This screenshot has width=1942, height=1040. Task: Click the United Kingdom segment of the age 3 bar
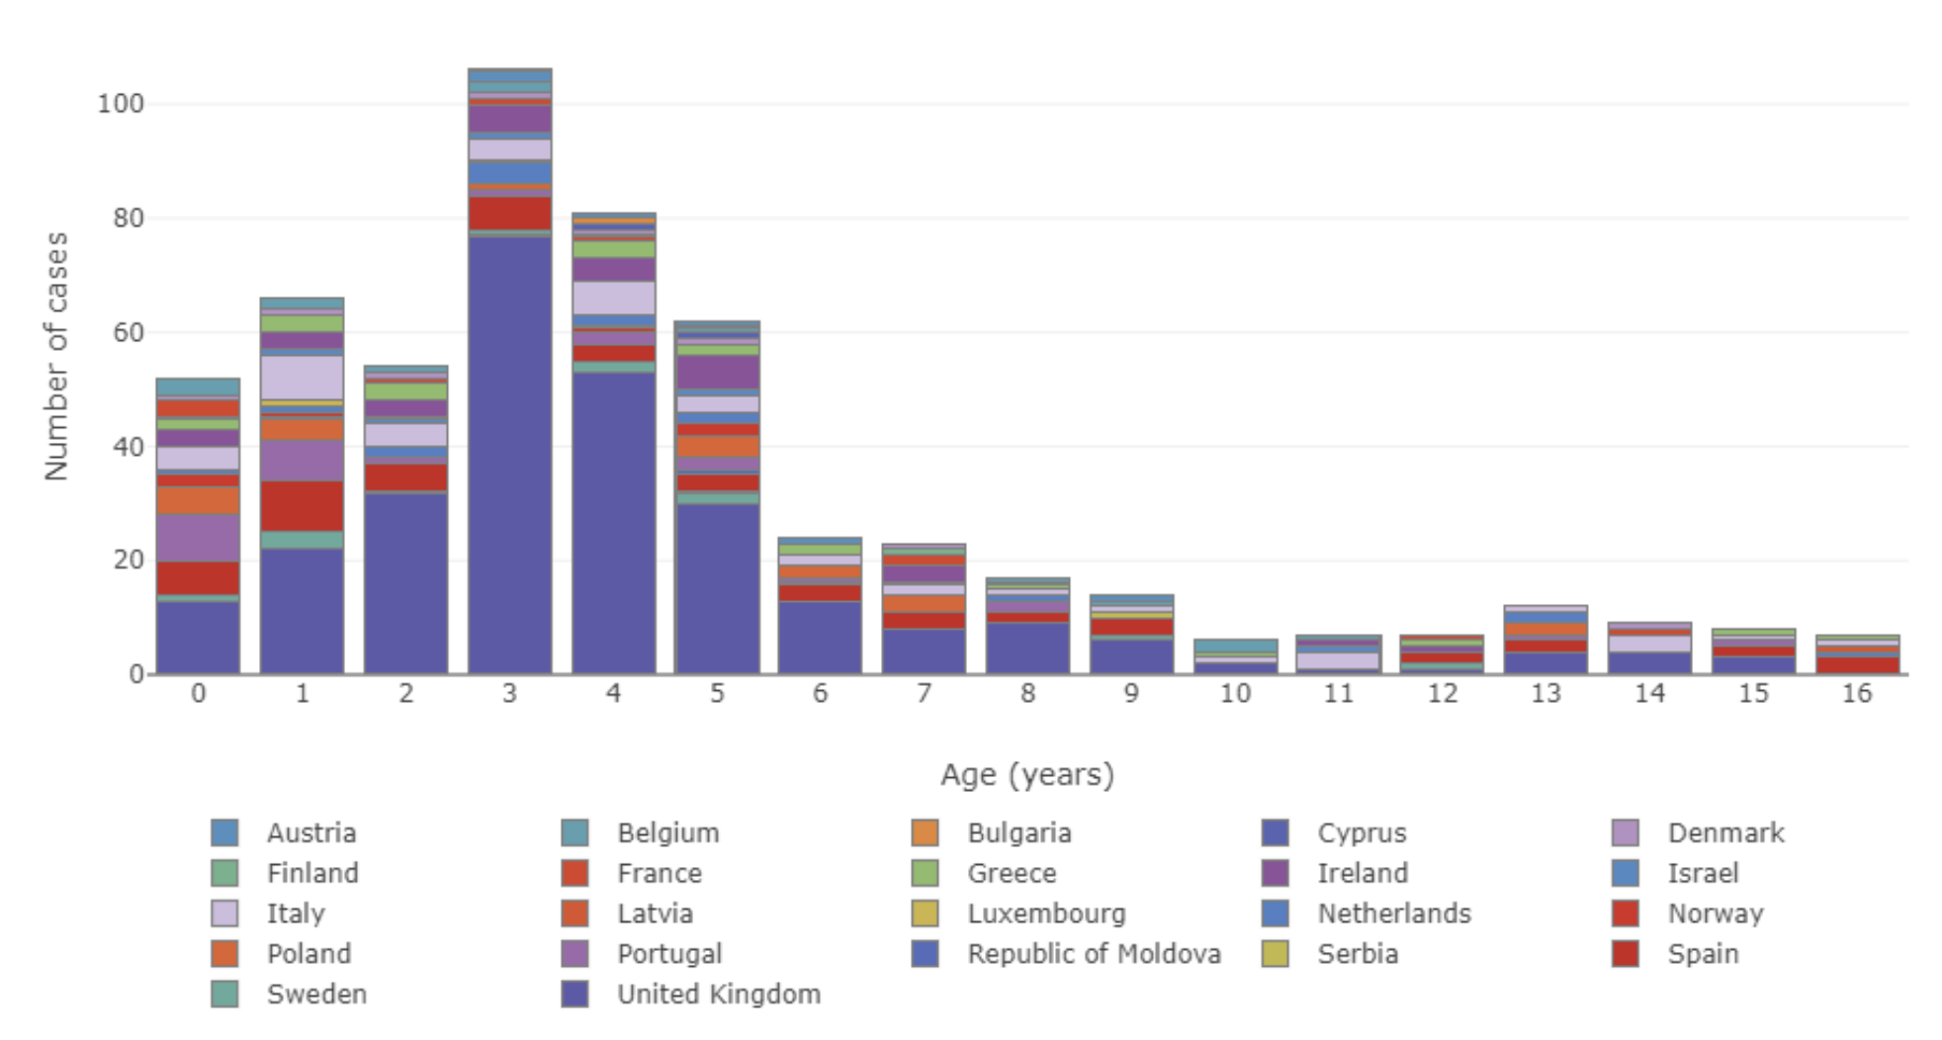tap(509, 456)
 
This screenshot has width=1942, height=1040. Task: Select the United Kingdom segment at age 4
tap(613, 523)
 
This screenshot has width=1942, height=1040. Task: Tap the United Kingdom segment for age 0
tap(198, 638)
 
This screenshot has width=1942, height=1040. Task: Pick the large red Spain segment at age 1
tap(302, 506)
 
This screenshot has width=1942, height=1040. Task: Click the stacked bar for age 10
tap(1235, 656)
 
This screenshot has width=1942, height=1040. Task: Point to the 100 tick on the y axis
tap(121, 104)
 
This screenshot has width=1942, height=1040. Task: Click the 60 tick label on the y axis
tap(129, 332)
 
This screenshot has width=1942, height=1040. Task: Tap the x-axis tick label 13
tap(1545, 694)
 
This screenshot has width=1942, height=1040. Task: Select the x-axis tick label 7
tap(924, 694)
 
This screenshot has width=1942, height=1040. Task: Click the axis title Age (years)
tap(1027, 774)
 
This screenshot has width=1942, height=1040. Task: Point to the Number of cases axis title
tap(56, 357)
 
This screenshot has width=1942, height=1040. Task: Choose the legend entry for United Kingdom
tap(691, 995)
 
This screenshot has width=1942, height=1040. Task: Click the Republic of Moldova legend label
tap(1094, 954)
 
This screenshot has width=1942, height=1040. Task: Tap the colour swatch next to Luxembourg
tap(926, 913)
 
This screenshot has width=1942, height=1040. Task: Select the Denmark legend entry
tap(1699, 833)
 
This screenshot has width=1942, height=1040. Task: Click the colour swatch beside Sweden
tap(224, 995)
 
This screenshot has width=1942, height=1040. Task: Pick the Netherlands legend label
tap(1394, 913)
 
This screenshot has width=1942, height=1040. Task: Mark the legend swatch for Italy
tap(224, 913)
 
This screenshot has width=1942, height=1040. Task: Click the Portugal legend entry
tap(642, 954)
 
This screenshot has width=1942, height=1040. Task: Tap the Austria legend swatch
tap(224, 833)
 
